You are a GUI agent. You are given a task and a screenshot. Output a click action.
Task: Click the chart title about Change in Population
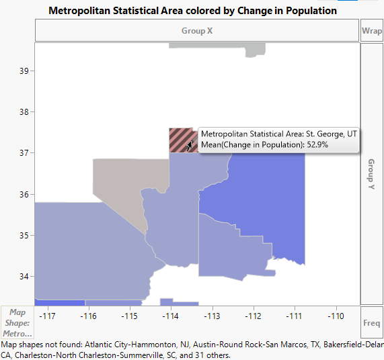pyautogui.click(x=193, y=11)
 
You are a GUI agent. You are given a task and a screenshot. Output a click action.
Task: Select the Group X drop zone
pyautogui.click(x=197, y=31)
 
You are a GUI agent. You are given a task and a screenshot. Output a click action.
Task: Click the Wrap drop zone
pyautogui.click(x=371, y=31)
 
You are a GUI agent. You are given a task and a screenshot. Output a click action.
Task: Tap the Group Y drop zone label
pyautogui.click(x=371, y=174)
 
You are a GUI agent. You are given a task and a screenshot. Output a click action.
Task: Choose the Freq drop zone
pyautogui.click(x=371, y=322)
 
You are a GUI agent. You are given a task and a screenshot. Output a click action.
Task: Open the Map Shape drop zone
pyautogui.click(x=18, y=322)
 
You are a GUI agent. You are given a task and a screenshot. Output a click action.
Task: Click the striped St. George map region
pyautogui.click(x=178, y=140)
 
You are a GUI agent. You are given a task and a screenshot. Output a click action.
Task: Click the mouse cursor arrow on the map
pyautogui.click(x=190, y=144)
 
